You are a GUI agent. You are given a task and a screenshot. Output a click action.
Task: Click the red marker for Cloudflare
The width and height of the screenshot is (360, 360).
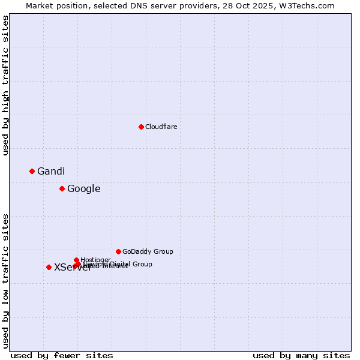[141, 127]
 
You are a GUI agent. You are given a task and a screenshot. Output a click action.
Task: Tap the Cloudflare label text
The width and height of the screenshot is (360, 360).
[161, 127]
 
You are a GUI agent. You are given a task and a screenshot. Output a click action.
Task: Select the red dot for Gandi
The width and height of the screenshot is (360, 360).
[32, 171]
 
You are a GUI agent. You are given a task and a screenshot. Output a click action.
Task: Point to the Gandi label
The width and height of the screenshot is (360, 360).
[51, 171]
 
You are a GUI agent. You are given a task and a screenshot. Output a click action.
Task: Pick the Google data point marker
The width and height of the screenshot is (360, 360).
[62, 188]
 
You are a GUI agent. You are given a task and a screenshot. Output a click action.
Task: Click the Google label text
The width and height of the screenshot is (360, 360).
[84, 188]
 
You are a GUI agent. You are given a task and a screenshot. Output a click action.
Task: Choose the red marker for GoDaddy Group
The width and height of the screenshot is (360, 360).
[118, 251]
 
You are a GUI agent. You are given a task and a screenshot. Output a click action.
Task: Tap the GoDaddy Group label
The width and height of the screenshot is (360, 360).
[148, 251]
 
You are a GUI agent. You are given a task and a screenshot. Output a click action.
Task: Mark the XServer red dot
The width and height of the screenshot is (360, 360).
[49, 267]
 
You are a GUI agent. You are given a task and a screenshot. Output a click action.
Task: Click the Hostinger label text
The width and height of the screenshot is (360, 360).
[95, 260]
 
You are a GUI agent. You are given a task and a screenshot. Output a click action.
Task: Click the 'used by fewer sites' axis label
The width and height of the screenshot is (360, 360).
[62, 355]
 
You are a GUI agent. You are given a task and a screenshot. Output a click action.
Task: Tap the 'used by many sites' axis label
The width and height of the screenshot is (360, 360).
[301, 355]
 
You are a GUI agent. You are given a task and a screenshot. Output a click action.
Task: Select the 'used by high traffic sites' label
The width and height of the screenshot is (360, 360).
[5, 86]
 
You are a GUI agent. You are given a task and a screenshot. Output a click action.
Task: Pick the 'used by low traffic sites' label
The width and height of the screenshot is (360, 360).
[5, 281]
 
